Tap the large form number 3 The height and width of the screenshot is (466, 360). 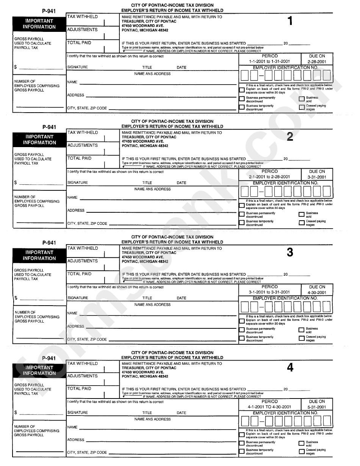coord(290,253)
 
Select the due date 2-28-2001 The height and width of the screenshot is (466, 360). coord(317,61)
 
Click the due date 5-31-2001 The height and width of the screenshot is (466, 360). coord(317,407)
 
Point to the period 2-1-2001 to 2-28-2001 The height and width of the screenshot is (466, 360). coord(269,177)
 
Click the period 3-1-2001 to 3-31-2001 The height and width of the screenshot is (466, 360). coord(269,292)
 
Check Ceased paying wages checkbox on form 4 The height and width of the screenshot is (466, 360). coord(302,452)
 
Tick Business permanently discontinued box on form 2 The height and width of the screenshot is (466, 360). coord(242,215)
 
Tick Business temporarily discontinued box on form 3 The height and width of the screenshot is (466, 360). coord(242,339)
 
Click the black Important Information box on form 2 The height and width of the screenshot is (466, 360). coord(39,140)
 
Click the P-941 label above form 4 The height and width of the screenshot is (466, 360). coord(49,358)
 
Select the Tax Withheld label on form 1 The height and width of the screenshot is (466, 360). coord(82,17)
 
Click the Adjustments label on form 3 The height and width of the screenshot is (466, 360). coord(82,261)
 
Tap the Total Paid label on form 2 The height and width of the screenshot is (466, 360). coord(79,158)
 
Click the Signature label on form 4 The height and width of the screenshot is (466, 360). coord(78,413)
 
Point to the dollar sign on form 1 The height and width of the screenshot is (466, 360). coord(16,67)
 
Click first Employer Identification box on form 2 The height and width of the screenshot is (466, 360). coord(245,191)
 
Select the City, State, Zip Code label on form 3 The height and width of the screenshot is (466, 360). coord(87,339)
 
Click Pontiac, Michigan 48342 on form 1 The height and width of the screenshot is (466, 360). coord(145,30)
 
